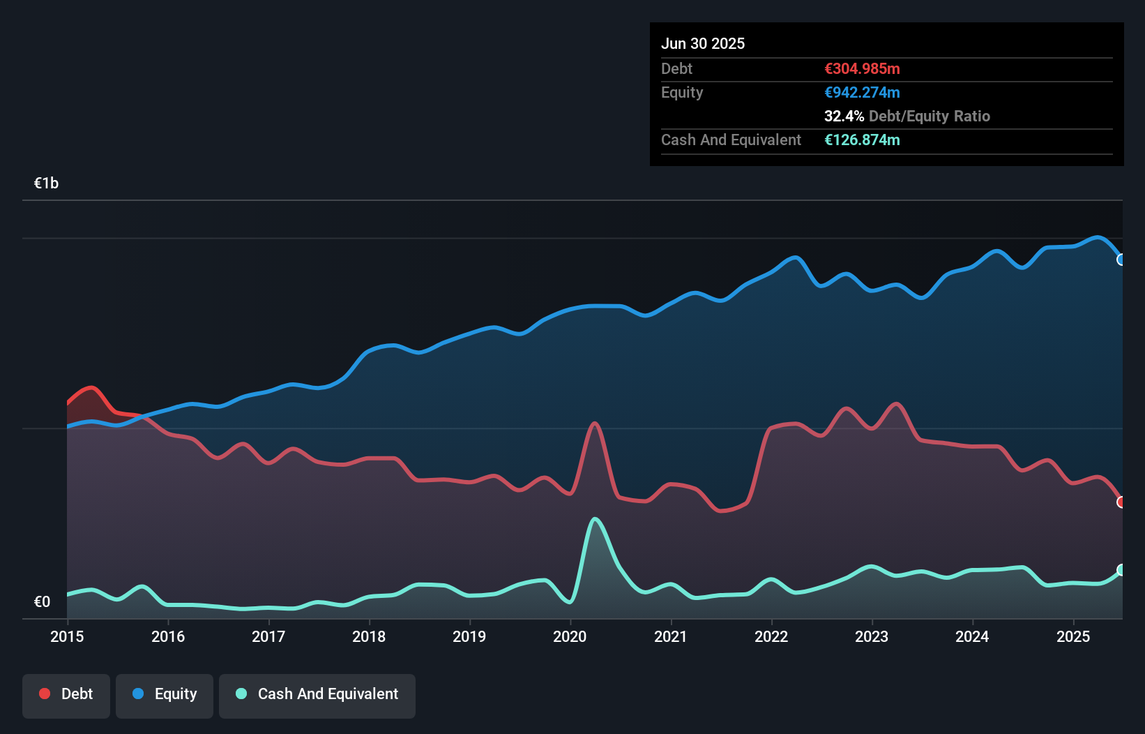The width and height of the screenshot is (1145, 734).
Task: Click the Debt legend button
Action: pyautogui.click(x=66, y=695)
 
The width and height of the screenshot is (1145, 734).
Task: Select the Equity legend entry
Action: pyautogui.click(x=165, y=695)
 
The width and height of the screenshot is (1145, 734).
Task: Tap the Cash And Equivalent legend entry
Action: pyautogui.click(x=317, y=695)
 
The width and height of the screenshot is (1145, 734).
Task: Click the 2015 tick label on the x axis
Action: pyautogui.click(x=67, y=636)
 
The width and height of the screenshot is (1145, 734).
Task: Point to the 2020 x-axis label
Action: pyautogui.click(x=570, y=636)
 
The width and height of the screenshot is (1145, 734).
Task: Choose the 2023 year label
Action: pyautogui.click(x=872, y=636)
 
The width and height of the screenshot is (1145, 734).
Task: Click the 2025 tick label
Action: pyautogui.click(x=1072, y=636)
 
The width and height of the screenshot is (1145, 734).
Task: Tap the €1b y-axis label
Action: pyautogui.click(x=46, y=183)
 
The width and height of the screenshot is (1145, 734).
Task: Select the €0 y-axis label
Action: pyautogui.click(x=42, y=601)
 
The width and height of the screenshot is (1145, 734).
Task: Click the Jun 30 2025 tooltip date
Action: pyautogui.click(x=703, y=44)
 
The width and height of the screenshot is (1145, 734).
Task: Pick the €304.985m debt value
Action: pyautogui.click(x=862, y=69)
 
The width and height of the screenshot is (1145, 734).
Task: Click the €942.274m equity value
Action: pyautogui.click(x=862, y=93)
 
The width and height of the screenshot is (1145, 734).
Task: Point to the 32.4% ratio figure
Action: pyautogui.click(x=844, y=117)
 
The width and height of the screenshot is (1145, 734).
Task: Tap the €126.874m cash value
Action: pyautogui.click(x=862, y=140)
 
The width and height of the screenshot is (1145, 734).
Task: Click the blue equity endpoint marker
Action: pyautogui.click(x=1121, y=260)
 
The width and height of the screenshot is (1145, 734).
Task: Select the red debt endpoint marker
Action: pyautogui.click(x=1121, y=502)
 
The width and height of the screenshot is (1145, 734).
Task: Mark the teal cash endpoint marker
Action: pyautogui.click(x=1121, y=570)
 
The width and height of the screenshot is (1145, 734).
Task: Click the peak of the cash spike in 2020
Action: pyautogui.click(x=595, y=519)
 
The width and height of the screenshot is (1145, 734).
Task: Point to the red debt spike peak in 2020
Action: pyautogui.click(x=595, y=424)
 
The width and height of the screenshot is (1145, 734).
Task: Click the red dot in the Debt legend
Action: pyautogui.click(x=45, y=694)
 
